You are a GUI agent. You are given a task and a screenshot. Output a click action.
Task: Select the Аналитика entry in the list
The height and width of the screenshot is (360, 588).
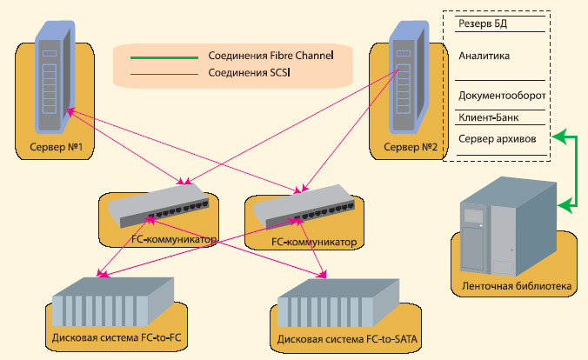coord(484,54)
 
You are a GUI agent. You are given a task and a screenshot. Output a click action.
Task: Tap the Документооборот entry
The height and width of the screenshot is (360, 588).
coord(499,95)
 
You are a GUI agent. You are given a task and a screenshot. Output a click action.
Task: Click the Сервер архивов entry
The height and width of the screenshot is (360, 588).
coord(491,138)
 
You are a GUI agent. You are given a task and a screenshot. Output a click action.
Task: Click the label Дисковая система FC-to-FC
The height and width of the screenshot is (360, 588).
coord(115,336)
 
